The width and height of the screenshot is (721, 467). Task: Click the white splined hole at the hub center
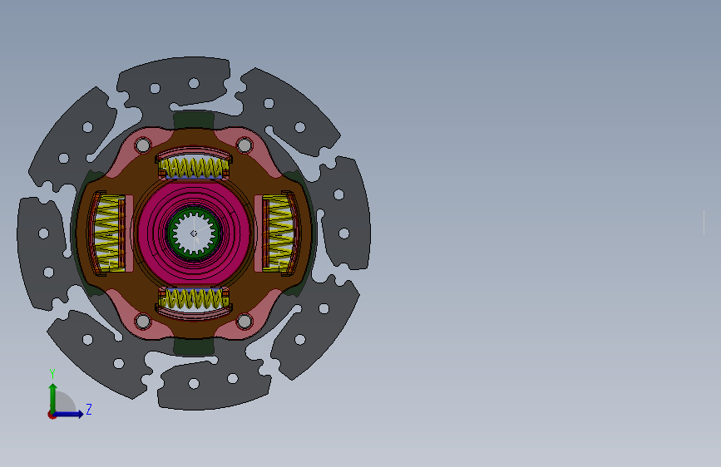[x=194, y=233]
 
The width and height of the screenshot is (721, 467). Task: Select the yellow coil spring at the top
[x=194, y=168]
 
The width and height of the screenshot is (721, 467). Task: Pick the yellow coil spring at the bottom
[x=194, y=299]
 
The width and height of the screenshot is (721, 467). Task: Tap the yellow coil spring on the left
[x=108, y=233]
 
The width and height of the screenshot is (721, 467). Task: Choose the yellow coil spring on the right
[x=279, y=233]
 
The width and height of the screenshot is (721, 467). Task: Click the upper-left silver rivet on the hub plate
[x=143, y=145]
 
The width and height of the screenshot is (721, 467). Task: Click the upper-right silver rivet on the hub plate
[x=244, y=145]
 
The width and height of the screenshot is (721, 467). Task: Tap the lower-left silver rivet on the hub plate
[x=143, y=322]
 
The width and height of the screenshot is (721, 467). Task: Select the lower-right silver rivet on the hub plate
[x=244, y=322]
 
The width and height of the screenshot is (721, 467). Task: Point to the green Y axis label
[x=52, y=374]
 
